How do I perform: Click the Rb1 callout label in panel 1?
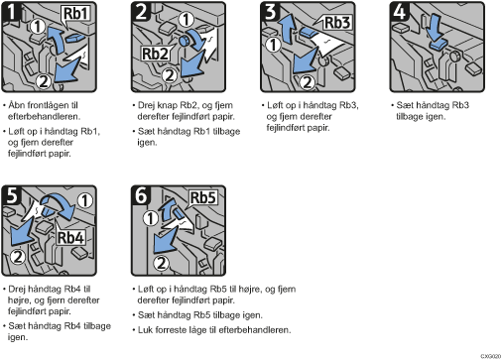pos(75,14)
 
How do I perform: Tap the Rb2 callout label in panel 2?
pos(156,54)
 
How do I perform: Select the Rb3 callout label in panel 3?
pos(337,23)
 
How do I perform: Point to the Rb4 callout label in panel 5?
pos(70,237)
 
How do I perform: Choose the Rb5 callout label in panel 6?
pos(203,197)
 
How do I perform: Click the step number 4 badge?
pos(400,12)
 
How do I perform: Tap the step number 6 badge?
pos(141,195)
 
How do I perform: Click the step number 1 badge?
pos(12,12)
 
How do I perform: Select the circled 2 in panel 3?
pos(308,82)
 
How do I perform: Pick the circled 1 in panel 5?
pos(85,200)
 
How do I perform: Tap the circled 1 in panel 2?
pos(187,20)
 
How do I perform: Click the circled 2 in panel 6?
pos(162,264)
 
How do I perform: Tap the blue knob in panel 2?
pos(184,41)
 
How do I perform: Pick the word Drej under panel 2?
pos(146,105)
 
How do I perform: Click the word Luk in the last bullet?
pos(145,330)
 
